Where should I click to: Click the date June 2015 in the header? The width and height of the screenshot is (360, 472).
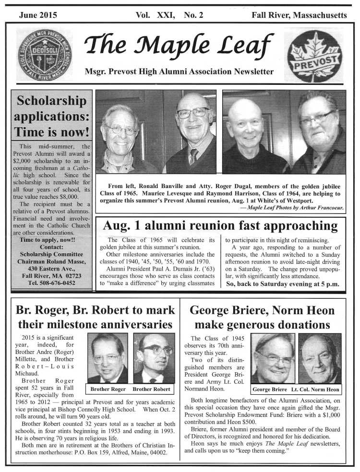pos(38,15)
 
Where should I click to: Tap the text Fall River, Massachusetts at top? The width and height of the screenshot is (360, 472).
pos(299,15)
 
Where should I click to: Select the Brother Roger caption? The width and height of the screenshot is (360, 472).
pos(108,389)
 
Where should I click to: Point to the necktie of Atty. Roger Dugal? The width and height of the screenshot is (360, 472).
pos(193,156)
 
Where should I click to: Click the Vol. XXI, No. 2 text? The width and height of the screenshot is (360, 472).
pos(169,15)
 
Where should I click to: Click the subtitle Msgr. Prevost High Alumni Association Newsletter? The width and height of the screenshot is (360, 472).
pos(179,72)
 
